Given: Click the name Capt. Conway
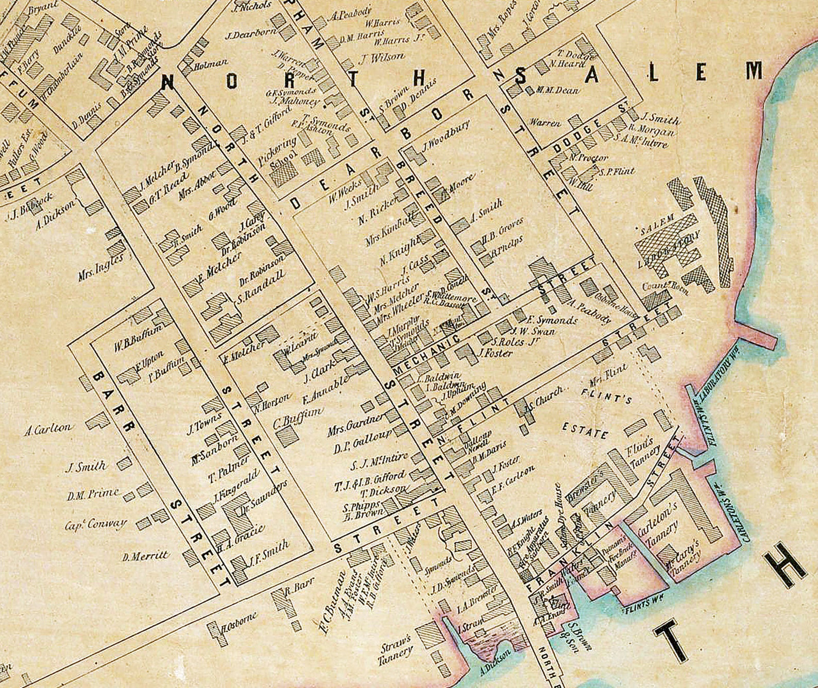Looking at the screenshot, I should (96, 525).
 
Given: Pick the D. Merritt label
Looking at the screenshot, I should (145, 556).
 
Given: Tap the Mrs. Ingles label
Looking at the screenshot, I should (101, 268).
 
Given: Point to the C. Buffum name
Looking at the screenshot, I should (298, 418).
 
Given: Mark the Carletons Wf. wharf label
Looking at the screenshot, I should (727, 510).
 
